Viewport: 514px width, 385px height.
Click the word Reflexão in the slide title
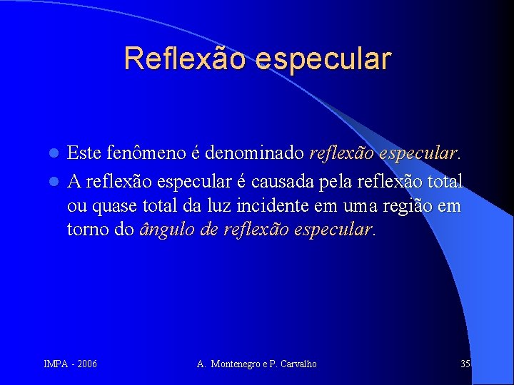click(181, 58)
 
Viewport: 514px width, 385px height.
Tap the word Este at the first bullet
click(84, 153)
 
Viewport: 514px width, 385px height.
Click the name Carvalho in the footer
click(298, 364)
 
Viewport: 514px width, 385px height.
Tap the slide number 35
click(465, 364)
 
